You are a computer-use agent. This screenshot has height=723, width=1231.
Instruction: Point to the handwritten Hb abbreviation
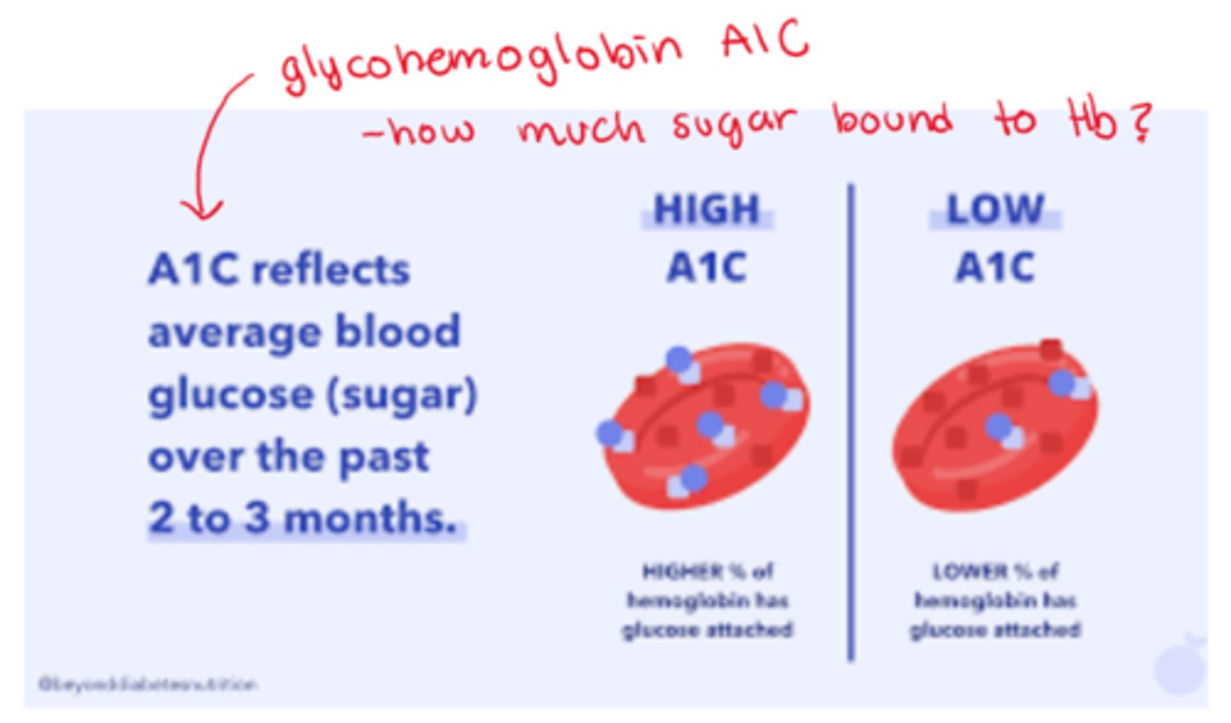coord(1092,120)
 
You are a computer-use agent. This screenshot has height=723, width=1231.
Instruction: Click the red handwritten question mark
coord(1140,121)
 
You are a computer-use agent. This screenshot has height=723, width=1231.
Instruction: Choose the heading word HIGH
coord(706,209)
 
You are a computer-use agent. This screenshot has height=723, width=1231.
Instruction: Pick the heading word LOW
coord(995,209)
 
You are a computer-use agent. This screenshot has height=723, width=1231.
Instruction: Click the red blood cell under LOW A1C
coord(995,426)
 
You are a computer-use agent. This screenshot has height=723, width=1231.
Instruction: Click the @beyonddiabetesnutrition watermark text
coord(147,684)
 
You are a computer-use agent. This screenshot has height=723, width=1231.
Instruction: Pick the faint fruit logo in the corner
coord(1181,666)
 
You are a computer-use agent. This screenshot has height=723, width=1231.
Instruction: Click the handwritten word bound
coord(892,120)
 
